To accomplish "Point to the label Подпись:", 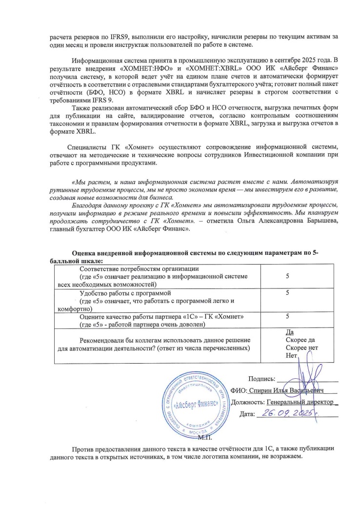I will tap(262, 379).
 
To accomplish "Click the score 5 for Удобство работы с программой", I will tap(288, 292).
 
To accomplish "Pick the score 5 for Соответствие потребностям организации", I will tap(288, 276).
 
